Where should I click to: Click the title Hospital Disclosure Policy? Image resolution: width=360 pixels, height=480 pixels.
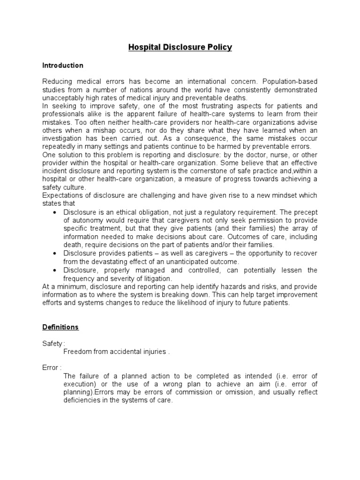(x=180, y=47)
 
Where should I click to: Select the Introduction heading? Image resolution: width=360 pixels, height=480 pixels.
(x=63, y=65)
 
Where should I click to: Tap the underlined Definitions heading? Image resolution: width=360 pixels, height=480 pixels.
(x=60, y=327)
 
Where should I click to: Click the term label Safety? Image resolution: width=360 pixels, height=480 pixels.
(x=52, y=344)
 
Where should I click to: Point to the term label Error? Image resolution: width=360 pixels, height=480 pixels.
(x=51, y=367)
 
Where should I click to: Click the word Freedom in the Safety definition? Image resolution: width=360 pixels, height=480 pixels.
(x=76, y=352)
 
